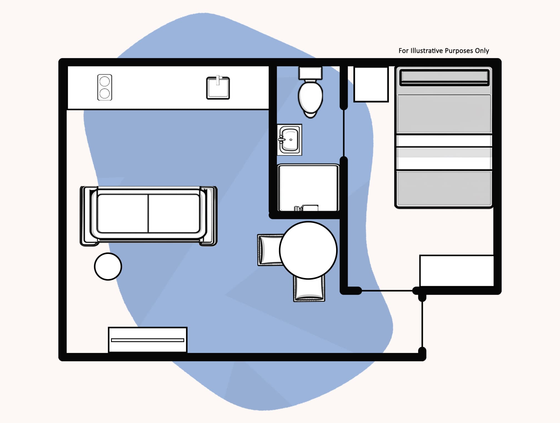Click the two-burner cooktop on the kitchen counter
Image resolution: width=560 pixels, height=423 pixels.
105,87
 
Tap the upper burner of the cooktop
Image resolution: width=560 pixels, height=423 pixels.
105,81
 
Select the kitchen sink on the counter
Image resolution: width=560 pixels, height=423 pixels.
218,88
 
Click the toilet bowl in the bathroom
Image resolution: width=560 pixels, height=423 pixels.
310,97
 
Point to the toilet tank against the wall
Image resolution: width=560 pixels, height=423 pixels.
310,73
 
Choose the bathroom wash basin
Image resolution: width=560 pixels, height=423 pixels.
290,140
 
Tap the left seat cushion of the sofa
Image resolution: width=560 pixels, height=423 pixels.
123,213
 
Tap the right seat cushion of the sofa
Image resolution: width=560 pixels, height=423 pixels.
174,213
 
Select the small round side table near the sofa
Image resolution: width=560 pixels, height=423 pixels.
108,267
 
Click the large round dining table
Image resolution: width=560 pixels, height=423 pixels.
308,250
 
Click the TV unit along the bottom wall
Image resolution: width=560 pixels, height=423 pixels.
147,340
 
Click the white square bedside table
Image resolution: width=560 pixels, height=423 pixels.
371,84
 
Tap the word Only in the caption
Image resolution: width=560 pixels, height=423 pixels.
482,51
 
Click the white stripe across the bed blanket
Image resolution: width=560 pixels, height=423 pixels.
444,141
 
